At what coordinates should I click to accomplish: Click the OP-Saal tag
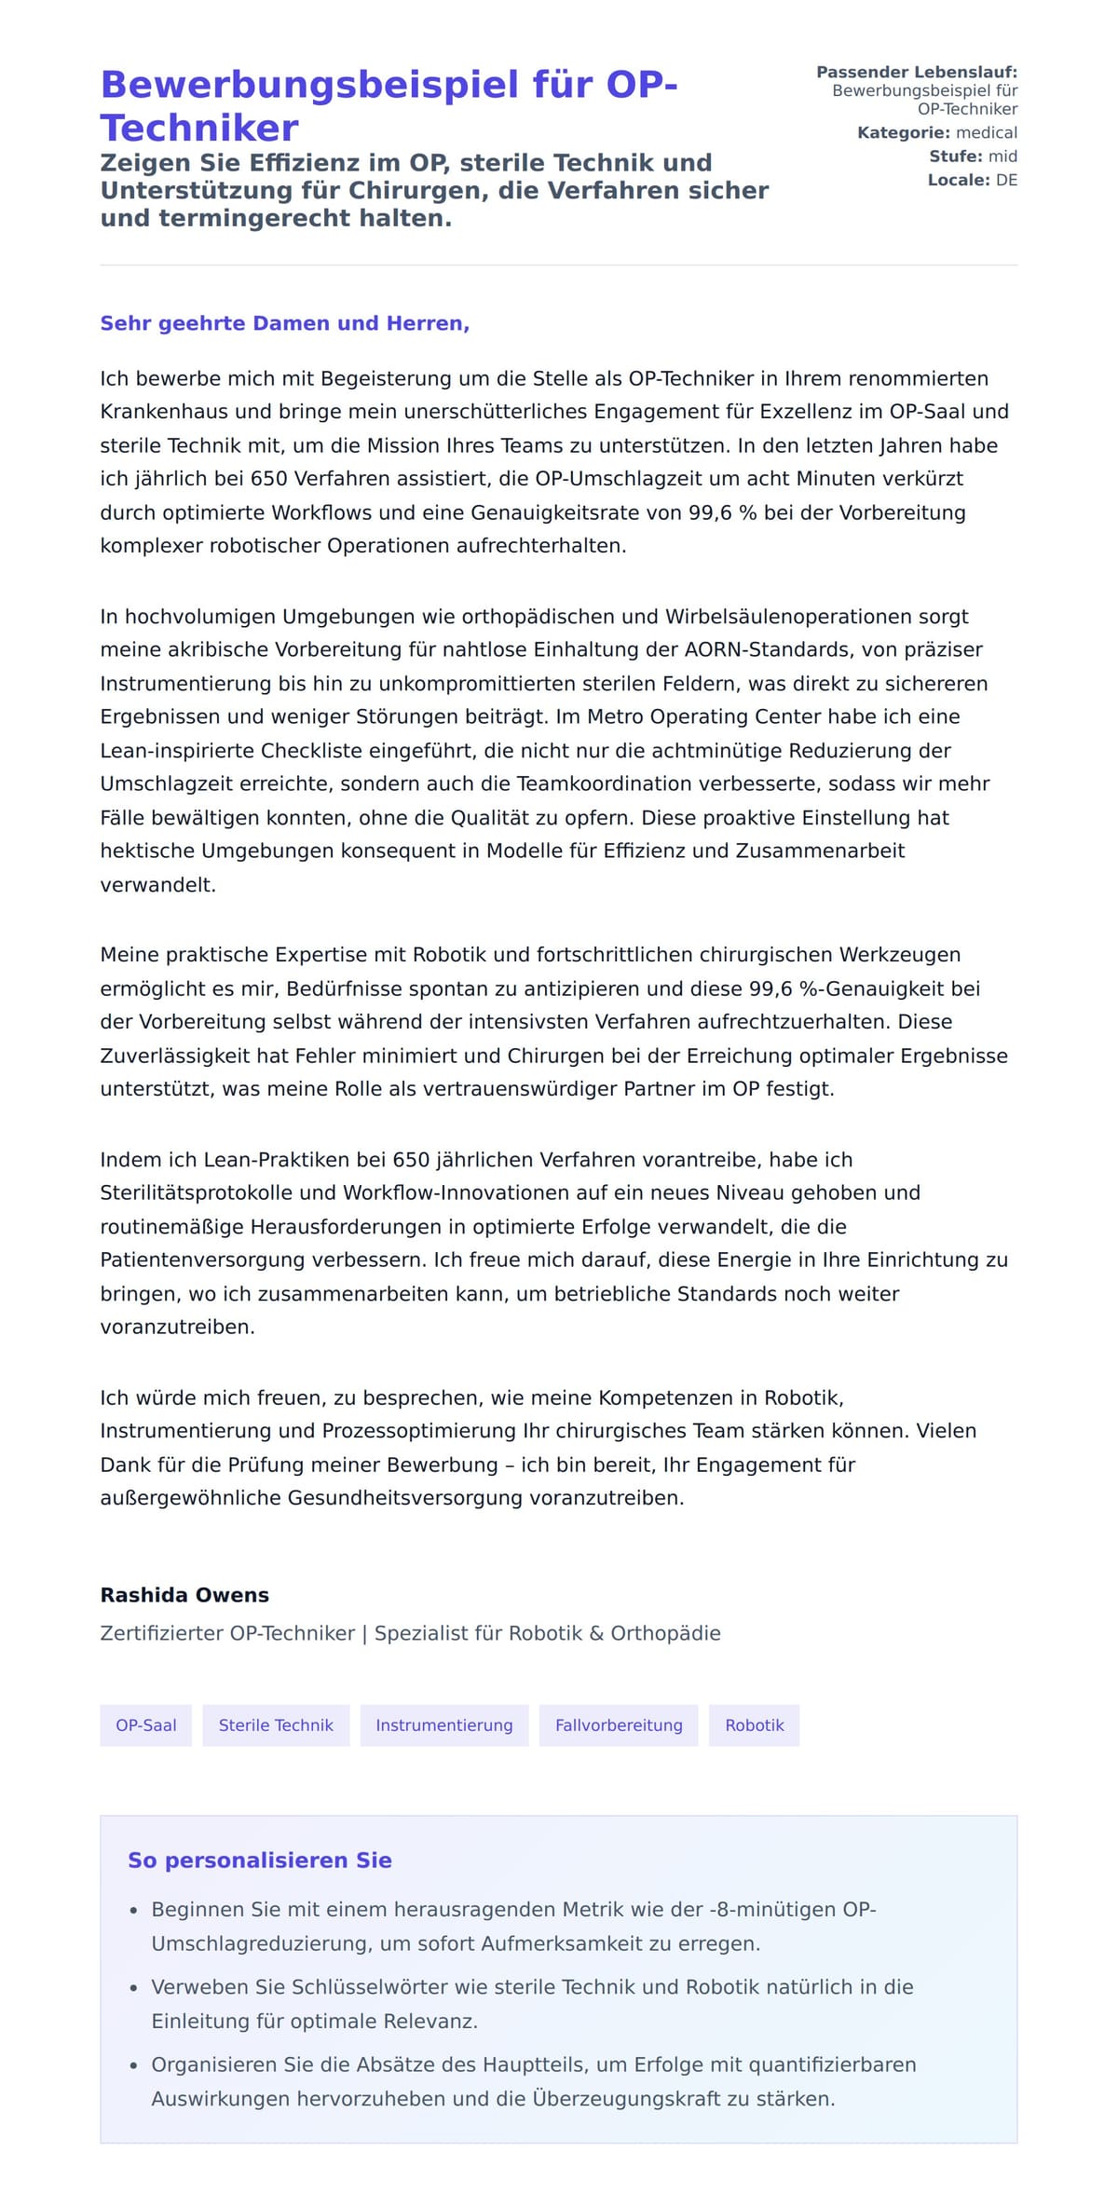point(145,1725)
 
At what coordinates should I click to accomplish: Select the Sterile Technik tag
point(276,1725)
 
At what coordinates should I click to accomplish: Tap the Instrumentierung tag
point(443,1725)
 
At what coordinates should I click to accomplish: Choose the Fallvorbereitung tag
point(619,1725)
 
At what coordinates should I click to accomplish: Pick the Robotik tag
point(754,1725)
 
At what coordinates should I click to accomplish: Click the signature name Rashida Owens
point(184,1595)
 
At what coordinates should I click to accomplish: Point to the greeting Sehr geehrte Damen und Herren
point(284,323)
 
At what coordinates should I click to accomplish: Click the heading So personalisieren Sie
point(259,1860)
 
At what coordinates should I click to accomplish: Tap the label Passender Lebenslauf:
point(917,72)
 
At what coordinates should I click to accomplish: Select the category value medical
point(987,133)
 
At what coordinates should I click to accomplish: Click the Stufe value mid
point(1002,157)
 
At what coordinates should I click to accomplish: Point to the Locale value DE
point(1006,180)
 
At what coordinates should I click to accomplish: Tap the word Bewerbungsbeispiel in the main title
point(309,85)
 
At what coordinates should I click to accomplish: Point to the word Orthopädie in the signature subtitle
point(665,1633)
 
